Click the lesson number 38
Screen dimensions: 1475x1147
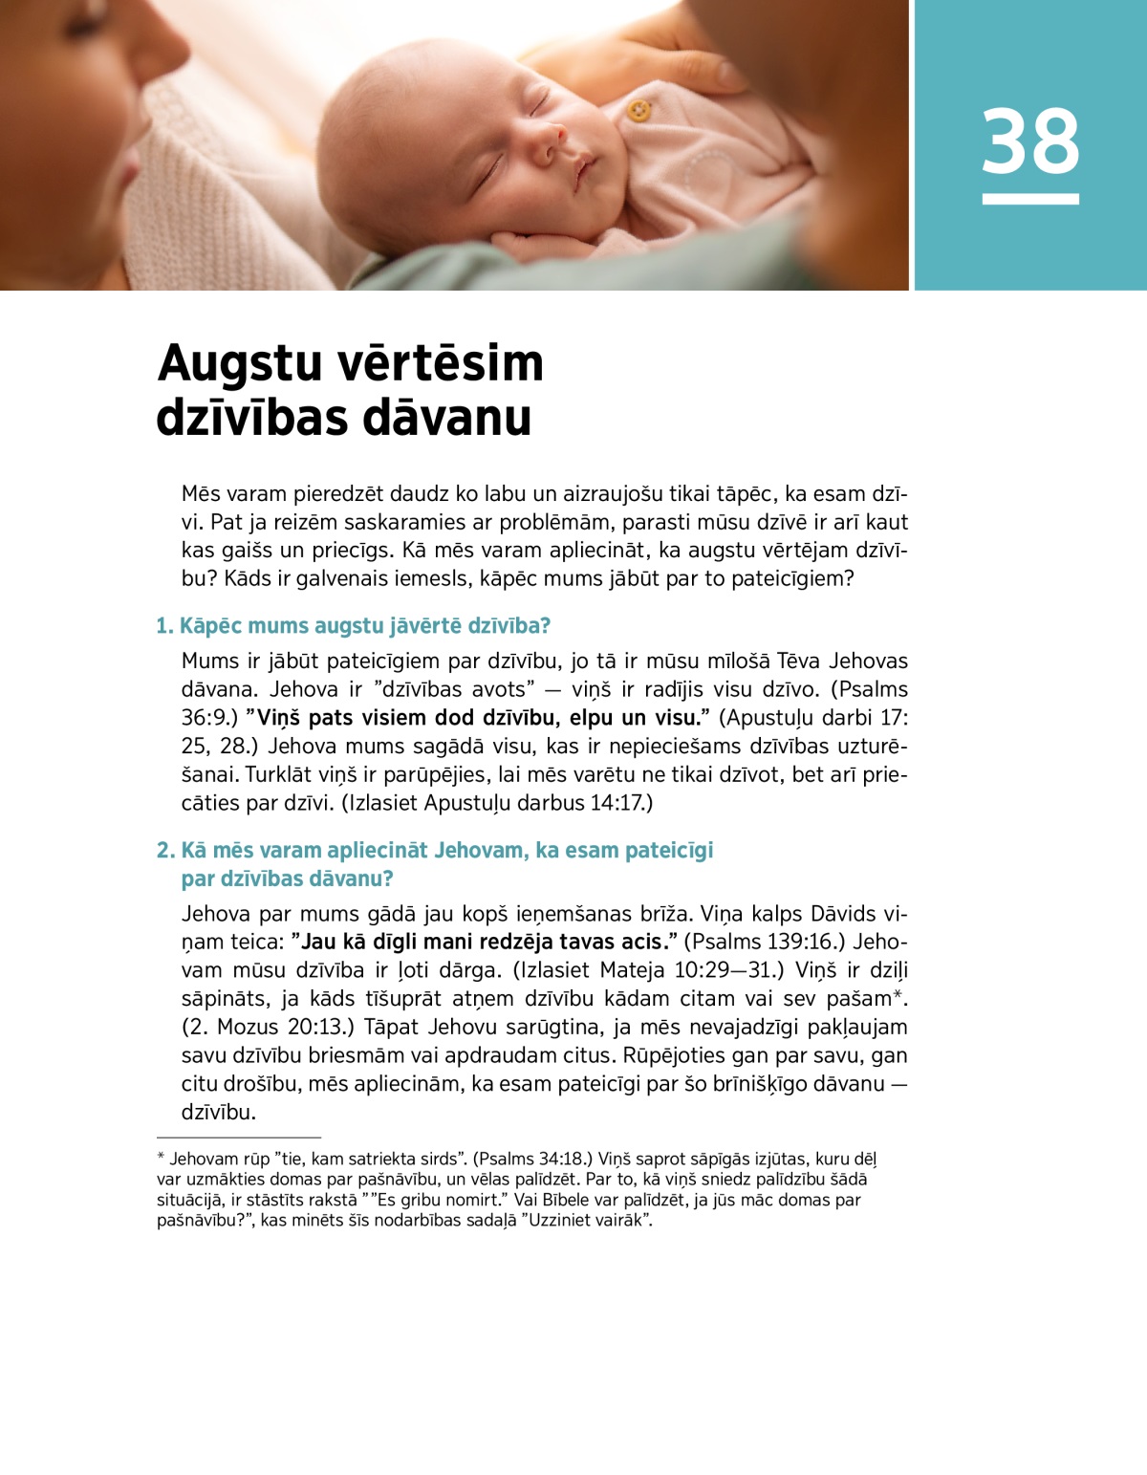click(x=1030, y=141)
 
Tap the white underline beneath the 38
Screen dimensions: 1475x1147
click(x=1030, y=199)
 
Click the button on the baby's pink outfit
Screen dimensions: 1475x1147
click(x=638, y=110)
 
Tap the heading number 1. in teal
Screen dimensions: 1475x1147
click(x=164, y=626)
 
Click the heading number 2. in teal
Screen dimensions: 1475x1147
click(x=165, y=851)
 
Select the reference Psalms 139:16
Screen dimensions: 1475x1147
click(x=759, y=942)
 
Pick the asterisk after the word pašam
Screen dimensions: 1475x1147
click(x=897, y=995)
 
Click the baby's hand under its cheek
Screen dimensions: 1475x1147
click(x=535, y=244)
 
